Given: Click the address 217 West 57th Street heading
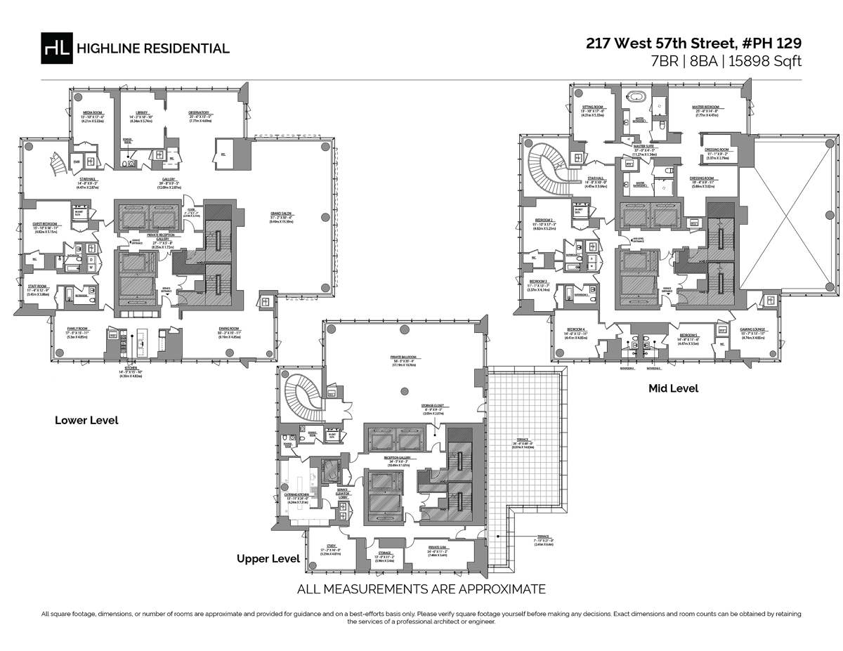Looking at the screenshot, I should (693, 43).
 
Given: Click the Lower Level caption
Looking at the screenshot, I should (86, 421).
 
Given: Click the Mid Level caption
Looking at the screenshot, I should (673, 388).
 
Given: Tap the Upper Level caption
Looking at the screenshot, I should (268, 559).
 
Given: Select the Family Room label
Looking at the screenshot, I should (78, 331).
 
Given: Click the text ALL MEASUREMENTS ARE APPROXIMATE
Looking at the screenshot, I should (421, 589).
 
